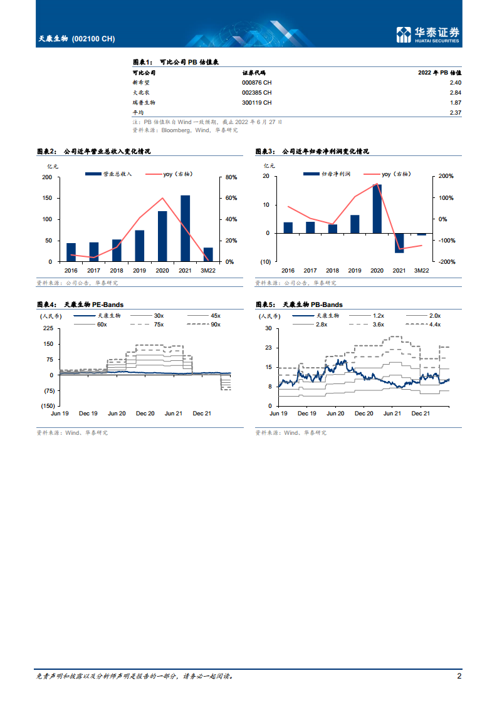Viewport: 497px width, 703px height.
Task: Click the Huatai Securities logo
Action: [x=428, y=35]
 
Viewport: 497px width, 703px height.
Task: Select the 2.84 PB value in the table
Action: [x=455, y=92]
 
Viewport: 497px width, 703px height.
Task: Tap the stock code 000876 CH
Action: [x=256, y=82]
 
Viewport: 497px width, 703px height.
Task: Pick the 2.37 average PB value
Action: [x=455, y=112]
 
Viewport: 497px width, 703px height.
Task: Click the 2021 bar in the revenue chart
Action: [x=185, y=228]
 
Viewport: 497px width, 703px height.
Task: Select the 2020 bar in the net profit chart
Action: [x=377, y=209]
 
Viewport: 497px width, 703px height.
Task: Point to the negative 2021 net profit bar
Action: [x=399, y=243]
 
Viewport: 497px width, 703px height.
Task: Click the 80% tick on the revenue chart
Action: [x=231, y=177]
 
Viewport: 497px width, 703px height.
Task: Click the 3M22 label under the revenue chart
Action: [x=208, y=271]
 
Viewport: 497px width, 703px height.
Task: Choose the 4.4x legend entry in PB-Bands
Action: [x=434, y=325]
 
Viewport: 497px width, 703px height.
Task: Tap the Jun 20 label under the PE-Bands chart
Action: [x=117, y=414]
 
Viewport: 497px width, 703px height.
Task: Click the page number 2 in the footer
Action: [x=459, y=676]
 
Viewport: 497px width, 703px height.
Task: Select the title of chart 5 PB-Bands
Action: [x=300, y=305]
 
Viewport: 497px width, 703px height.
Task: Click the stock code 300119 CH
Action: [x=256, y=102]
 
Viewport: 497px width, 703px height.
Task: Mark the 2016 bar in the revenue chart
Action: [x=71, y=252]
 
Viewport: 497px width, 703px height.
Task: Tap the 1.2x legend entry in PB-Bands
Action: [x=378, y=316]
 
